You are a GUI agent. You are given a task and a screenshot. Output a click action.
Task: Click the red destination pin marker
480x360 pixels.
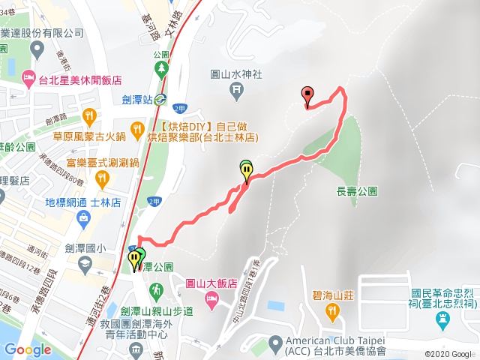coord(307,95)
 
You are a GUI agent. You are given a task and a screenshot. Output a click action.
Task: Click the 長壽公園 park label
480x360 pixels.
coord(352,191)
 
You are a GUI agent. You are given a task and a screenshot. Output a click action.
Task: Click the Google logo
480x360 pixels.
coord(28,349)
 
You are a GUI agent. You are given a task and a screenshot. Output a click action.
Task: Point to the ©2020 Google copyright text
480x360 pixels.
coord(449,354)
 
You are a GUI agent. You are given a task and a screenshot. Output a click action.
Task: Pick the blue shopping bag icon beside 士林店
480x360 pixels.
coord(81,217)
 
